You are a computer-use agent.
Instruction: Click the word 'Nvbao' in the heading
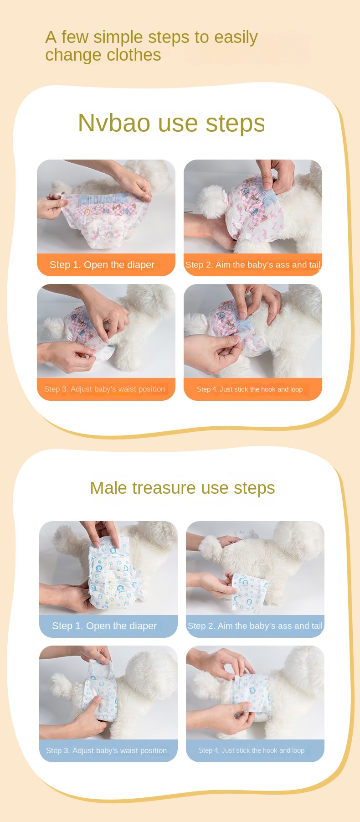coord(114,123)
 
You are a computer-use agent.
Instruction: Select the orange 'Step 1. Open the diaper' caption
coord(102,265)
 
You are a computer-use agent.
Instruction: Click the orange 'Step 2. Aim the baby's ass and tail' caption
coord(253,265)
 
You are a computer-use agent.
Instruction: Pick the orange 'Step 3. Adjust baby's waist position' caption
coord(104,389)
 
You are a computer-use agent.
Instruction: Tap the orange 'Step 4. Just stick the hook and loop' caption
coord(250,389)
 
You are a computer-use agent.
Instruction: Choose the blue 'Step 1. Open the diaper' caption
coord(104,626)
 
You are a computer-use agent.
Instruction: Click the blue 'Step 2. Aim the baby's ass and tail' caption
coord(255,626)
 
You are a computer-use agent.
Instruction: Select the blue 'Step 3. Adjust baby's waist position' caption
coord(106,750)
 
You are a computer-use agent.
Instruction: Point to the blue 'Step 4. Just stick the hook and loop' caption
coord(252,750)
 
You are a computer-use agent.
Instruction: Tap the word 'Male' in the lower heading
coord(108,488)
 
